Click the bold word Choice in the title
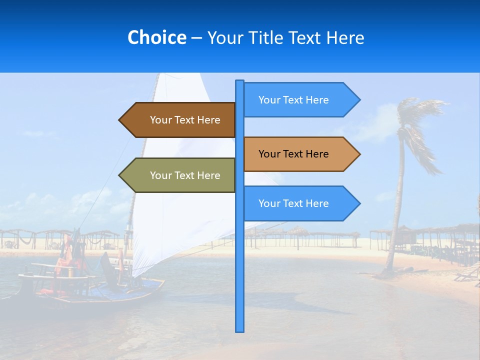(156, 37)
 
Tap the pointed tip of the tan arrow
(359, 154)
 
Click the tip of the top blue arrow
(359, 100)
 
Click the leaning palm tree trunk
(397, 210)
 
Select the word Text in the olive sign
(185, 175)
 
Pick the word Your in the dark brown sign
(160, 120)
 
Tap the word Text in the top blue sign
(293, 100)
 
